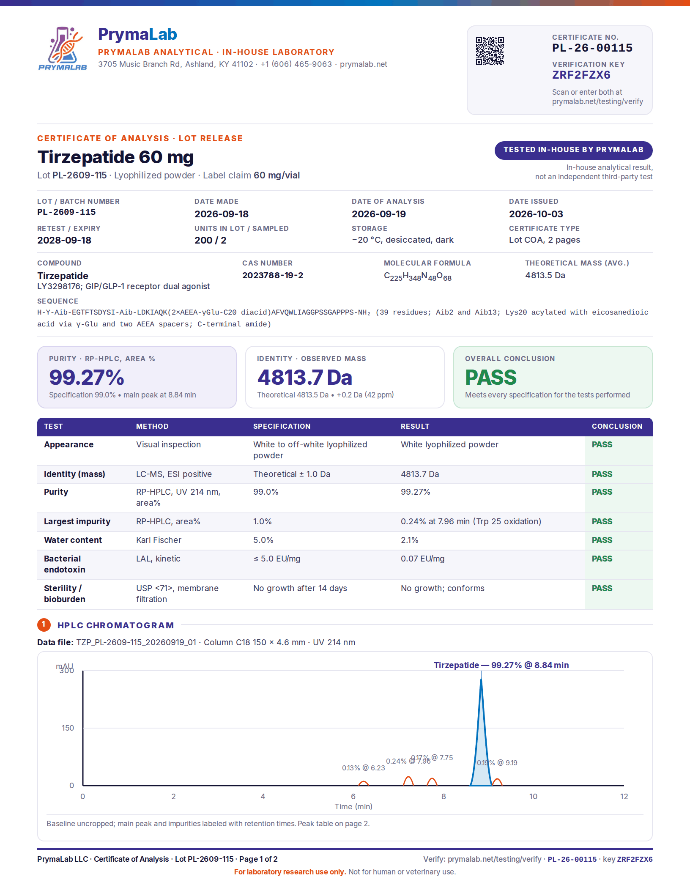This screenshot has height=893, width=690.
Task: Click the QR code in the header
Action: (490, 51)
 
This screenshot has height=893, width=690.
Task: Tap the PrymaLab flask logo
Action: (63, 48)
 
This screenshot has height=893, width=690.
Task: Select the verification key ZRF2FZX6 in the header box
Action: (581, 75)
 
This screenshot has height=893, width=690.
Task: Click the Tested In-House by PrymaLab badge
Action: (573, 150)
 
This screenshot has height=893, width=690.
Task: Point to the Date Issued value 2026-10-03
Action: (536, 214)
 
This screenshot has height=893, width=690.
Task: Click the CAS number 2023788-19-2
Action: (273, 275)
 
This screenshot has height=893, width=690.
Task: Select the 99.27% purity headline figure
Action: (87, 377)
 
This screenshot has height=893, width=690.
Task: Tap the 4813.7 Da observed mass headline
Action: (305, 377)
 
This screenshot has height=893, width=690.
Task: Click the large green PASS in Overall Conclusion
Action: (491, 377)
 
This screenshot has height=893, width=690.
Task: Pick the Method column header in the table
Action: (152, 426)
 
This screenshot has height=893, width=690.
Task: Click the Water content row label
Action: (73, 540)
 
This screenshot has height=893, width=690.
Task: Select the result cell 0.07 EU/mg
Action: (422, 559)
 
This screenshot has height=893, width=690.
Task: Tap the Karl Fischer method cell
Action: (159, 540)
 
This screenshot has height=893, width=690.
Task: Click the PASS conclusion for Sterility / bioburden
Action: (602, 588)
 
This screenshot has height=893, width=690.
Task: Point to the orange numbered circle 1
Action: (44, 625)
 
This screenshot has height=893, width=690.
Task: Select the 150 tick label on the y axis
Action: (68, 728)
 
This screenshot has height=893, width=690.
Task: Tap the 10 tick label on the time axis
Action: (534, 797)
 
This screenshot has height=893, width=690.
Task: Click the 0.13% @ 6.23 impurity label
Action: (364, 768)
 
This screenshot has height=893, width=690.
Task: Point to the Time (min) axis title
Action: (353, 807)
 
